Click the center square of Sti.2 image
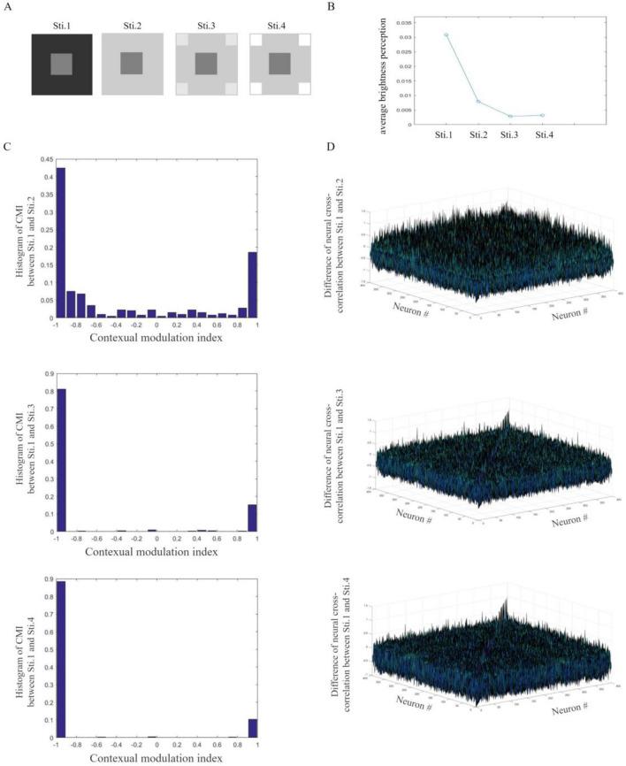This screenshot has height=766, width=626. coord(131,64)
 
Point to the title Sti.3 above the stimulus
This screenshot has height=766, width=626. coord(206,25)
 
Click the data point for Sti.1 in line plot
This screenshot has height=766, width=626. coord(447,34)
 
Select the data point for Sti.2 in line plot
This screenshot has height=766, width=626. coord(478,101)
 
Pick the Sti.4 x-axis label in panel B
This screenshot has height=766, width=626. coord(546,135)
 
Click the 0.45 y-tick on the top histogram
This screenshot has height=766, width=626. coord(46,160)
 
